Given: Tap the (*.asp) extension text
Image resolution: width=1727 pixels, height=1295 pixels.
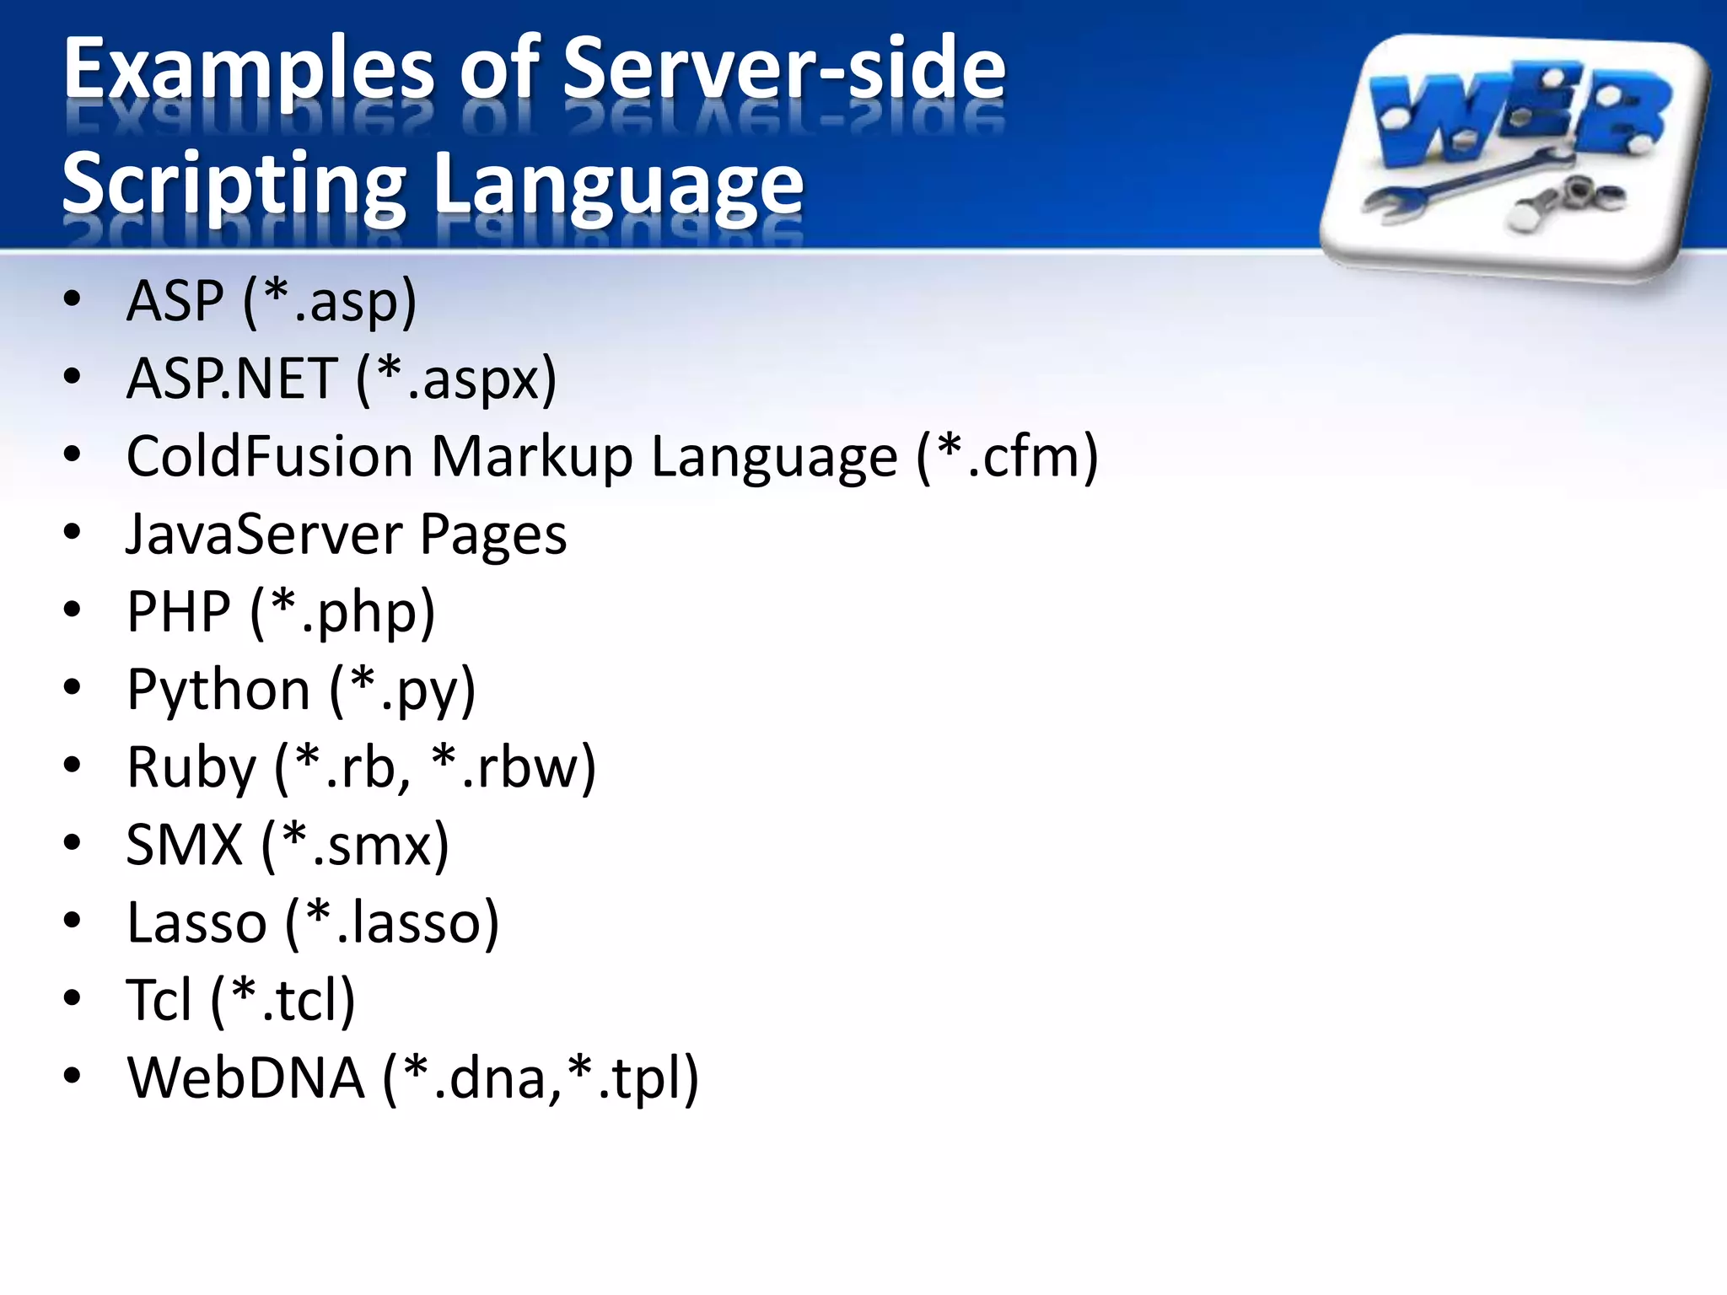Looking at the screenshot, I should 330,301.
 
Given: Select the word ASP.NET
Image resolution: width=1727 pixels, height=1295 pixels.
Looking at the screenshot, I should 232,379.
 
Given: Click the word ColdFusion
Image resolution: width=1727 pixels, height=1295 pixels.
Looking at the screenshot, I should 269,456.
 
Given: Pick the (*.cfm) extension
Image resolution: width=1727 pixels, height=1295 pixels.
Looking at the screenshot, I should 1008,456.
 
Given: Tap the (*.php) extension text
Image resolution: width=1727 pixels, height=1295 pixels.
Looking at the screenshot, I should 342,612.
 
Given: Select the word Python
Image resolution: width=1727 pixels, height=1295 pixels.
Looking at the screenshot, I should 218,690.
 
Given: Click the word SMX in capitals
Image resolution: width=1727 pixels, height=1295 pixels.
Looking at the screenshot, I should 184,845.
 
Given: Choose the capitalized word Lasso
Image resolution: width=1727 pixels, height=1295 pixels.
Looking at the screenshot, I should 196,922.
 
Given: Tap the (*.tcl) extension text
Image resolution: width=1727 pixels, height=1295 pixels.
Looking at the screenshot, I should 282,1001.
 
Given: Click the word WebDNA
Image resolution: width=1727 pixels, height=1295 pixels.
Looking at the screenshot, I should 245,1078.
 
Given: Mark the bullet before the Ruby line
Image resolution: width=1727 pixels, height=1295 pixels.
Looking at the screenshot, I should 73,766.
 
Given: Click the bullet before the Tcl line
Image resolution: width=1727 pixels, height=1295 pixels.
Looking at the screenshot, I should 73,998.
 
